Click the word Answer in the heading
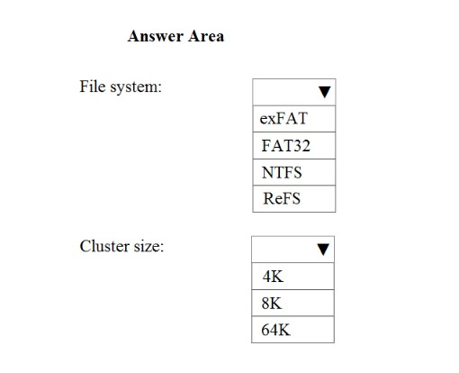click(156, 36)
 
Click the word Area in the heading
click(206, 36)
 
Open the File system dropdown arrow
click(325, 92)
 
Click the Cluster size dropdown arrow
click(323, 250)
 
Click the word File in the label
click(93, 86)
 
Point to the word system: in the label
click(136, 87)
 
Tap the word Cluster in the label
click(104, 246)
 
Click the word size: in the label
click(148, 247)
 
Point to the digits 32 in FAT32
click(301, 146)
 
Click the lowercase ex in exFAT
click(267, 120)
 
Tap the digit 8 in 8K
click(265, 303)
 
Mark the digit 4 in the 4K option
click(267, 277)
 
